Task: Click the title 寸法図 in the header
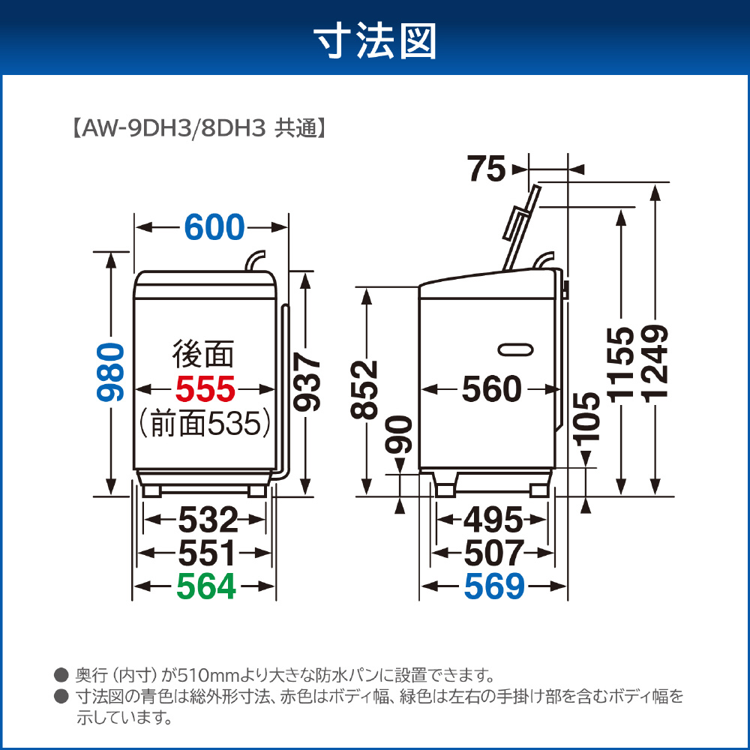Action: [375, 41]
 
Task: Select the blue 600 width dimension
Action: [214, 227]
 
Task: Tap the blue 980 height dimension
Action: [110, 372]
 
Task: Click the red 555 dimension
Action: [205, 388]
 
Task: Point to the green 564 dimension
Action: [206, 586]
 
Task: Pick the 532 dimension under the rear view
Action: [208, 520]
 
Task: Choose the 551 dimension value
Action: [207, 553]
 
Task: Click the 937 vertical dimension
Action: [307, 382]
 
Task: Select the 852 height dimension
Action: [364, 390]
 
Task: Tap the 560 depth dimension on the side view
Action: [492, 388]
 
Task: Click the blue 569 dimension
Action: [494, 586]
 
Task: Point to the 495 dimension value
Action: [493, 520]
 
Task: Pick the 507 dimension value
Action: [494, 553]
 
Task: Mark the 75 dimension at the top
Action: [487, 169]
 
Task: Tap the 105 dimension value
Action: [586, 419]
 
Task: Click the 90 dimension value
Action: [399, 434]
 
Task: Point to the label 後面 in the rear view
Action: [203, 355]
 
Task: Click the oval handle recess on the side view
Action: [516, 349]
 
